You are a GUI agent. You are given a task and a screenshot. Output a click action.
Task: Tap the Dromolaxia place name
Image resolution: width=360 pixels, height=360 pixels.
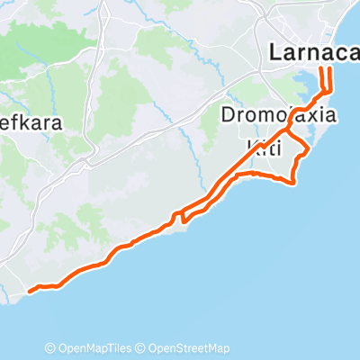[279, 116]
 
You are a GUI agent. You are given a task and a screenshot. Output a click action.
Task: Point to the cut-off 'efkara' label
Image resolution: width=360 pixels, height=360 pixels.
[31, 124]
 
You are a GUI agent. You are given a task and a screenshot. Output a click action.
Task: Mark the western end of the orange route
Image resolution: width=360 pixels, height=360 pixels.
[30, 291]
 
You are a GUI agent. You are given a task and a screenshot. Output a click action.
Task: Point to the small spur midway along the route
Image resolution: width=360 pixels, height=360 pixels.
[181, 216]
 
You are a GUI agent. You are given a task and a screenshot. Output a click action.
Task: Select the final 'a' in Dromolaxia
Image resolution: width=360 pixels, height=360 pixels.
[330, 116]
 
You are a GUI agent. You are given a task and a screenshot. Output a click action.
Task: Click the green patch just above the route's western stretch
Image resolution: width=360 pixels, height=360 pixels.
[90, 220]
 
